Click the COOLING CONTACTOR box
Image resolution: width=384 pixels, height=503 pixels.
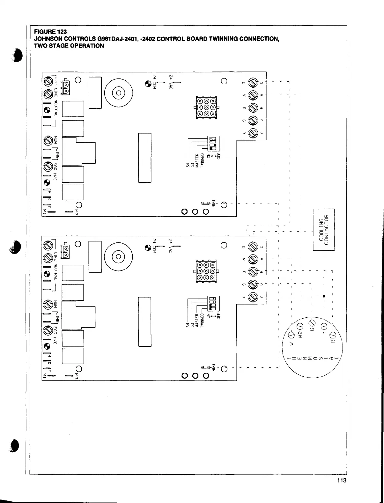click(x=324, y=230)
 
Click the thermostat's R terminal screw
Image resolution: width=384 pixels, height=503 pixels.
click(x=332, y=335)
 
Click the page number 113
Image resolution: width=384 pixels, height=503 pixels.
click(x=341, y=481)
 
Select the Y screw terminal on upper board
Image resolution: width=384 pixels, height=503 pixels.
click(x=253, y=132)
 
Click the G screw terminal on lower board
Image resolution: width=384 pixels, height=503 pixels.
click(x=253, y=284)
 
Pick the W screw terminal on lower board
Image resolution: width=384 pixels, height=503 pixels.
click(x=253, y=259)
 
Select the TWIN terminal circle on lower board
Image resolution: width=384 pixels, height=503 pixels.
click(x=224, y=369)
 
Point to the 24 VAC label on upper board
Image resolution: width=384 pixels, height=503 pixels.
click(x=171, y=82)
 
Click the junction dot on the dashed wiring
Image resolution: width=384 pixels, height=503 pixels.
click(x=324, y=296)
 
